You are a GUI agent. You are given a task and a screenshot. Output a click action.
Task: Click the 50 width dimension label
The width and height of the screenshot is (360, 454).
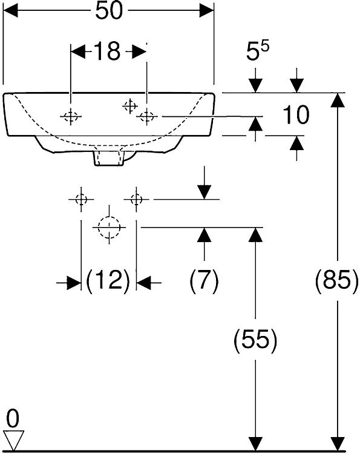click(110, 11)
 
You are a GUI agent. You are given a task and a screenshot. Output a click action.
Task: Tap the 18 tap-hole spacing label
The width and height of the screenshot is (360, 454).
click(106, 51)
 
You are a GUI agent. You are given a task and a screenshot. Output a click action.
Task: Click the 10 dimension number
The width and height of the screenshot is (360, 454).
click(296, 115)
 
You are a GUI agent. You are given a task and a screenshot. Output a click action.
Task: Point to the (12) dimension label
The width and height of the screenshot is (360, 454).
click(108, 280)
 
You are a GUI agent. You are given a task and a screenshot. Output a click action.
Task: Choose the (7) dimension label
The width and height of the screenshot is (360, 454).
click(205, 280)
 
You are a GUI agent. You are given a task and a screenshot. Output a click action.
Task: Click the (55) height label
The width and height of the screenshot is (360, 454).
click(255, 340)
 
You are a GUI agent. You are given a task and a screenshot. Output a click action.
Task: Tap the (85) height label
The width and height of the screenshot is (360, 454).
click(337, 280)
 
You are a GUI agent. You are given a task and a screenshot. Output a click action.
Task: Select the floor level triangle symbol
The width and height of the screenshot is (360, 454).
click(13, 441)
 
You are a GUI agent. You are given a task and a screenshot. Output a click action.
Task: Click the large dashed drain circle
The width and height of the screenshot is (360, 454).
click(109, 228)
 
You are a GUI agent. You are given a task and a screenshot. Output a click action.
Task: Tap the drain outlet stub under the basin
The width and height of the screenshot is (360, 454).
click(109, 158)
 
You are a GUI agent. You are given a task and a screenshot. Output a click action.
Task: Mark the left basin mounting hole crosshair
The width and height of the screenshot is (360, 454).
click(71, 117)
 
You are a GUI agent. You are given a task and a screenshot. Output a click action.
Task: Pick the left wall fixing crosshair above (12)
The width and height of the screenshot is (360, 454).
click(81, 200)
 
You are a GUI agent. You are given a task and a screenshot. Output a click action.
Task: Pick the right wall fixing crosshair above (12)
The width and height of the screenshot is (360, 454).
click(136, 200)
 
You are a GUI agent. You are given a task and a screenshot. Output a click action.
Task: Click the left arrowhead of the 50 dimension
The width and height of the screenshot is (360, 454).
click(10, 11)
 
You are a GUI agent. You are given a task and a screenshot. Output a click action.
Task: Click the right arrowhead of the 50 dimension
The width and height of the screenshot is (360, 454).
click(207, 11)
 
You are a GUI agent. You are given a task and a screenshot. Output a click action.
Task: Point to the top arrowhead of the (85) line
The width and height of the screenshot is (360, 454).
click(338, 100)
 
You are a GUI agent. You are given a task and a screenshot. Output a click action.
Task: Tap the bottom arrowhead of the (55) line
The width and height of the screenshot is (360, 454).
click(255, 444)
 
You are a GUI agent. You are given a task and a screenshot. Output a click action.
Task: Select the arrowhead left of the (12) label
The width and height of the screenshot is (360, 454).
click(74, 282)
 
